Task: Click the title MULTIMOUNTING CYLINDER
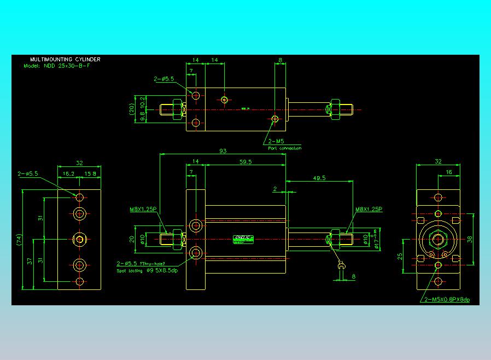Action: pyautogui.click(x=65, y=59)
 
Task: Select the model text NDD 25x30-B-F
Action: pyautogui.click(x=73, y=66)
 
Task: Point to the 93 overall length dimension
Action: pyautogui.click(x=223, y=151)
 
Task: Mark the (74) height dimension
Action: pyautogui.click(x=19, y=240)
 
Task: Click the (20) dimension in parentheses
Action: pyautogui.click(x=131, y=108)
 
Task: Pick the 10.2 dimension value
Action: pyautogui.click(x=142, y=102)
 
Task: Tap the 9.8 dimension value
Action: pyautogui.click(x=142, y=115)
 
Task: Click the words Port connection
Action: pyautogui.click(x=284, y=148)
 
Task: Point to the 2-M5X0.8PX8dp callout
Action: pyautogui.click(x=447, y=299)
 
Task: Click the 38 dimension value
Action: pyautogui.click(x=470, y=239)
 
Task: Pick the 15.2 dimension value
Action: pyautogui.click(x=69, y=173)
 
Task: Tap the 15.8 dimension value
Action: pyautogui.click(x=91, y=173)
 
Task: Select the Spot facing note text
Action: pyautogui.click(x=147, y=270)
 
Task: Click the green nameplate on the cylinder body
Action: pyautogui.click(x=243, y=239)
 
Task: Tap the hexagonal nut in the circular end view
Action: pyautogui.click(x=437, y=239)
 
